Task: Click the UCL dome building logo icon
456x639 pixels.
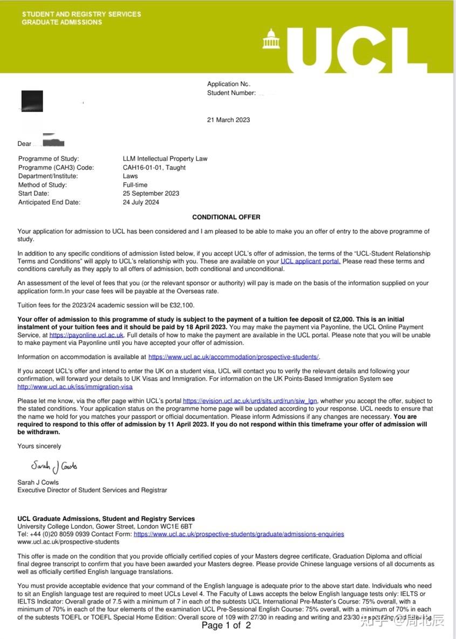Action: (271, 39)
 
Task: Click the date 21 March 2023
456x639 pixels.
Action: (228, 120)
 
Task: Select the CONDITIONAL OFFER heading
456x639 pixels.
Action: (226, 217)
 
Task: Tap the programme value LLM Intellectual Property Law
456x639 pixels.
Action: (165, 159)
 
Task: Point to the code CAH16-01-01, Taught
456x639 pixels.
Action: (154, 168)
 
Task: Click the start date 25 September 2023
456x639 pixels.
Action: (151, 193)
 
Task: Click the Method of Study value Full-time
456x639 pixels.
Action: (135, 185)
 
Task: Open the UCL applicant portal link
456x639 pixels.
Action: (310, 261)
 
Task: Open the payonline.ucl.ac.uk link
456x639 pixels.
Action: (86, 335)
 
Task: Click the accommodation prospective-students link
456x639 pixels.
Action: (234, 357)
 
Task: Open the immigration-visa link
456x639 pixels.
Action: (75, 387)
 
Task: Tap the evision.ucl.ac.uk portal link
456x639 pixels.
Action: (250, 401)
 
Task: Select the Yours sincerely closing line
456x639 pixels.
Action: (39, 446)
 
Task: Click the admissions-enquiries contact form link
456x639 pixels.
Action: (239, 534)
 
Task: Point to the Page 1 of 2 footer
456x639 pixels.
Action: (226, 626)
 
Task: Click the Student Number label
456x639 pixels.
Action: (231, 93)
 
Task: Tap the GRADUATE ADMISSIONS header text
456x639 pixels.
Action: (62, 23)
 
